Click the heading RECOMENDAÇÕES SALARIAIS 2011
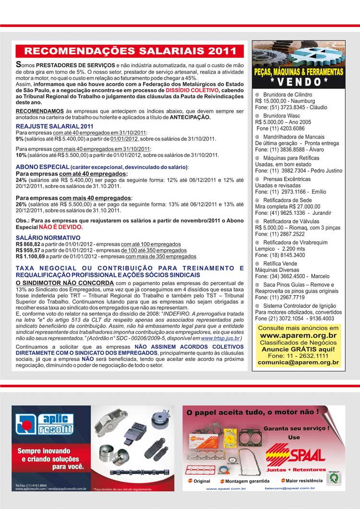point(130,51)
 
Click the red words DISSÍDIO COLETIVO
point(192,90)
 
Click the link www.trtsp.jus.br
point(220,338)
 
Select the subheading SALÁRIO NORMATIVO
point(41,238)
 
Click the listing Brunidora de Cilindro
point(288,95)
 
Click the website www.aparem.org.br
point(298,335)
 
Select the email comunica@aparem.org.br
point(299,364)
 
